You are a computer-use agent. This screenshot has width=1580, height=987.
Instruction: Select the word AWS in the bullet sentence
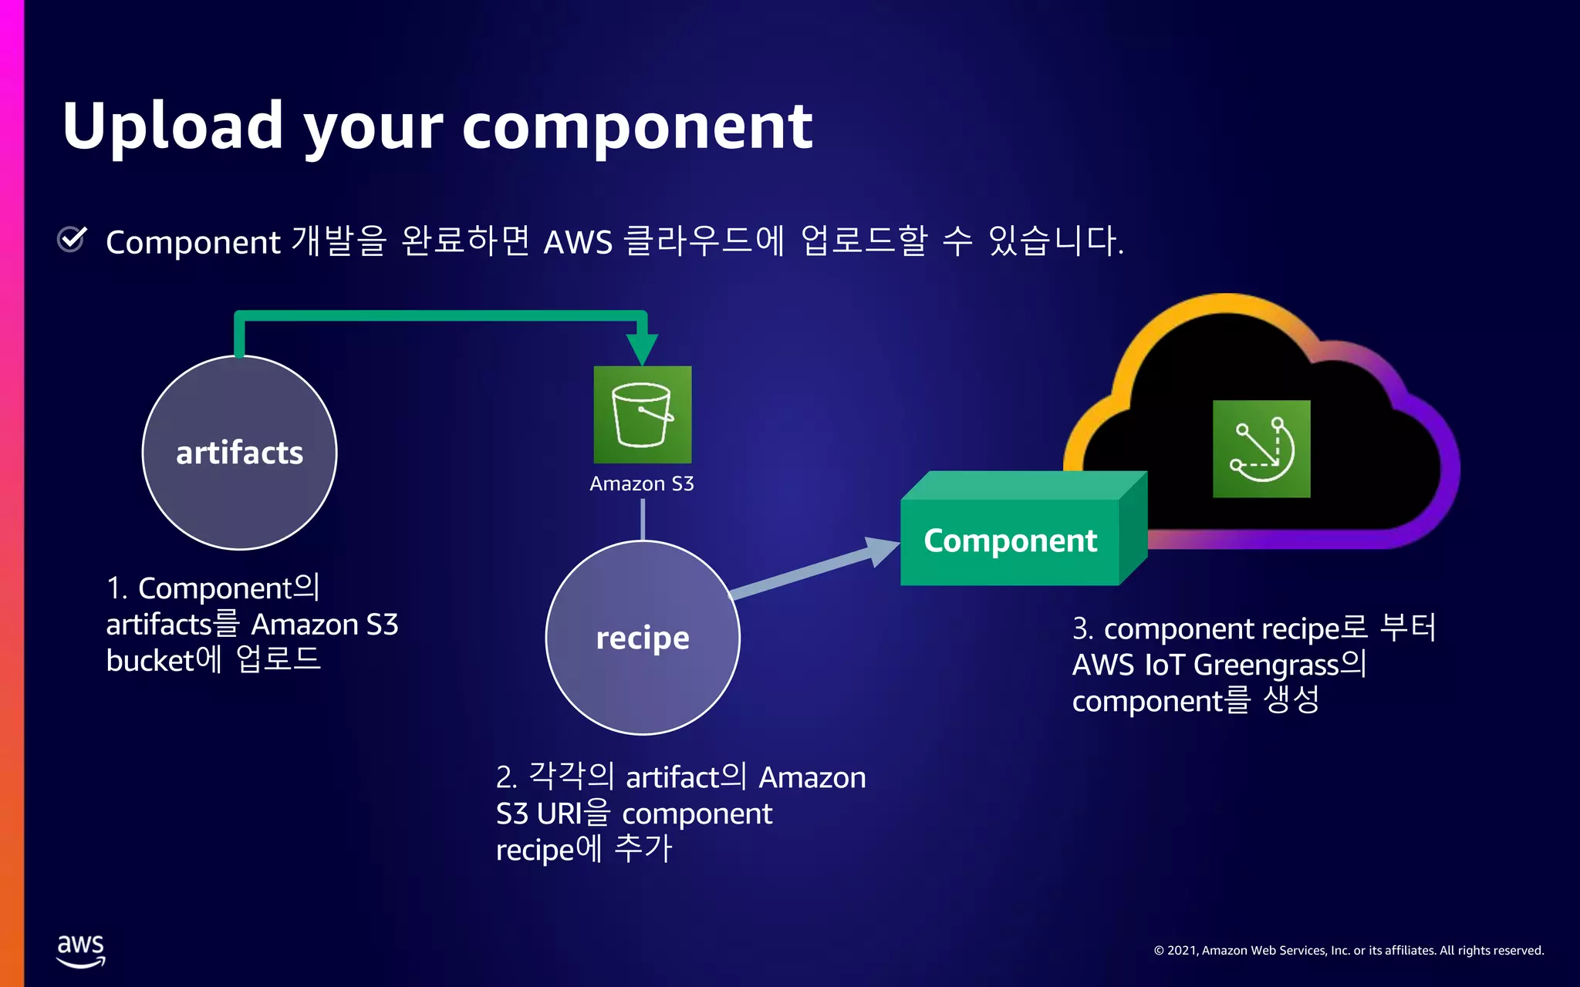pyautogui.click(x=578, y=242)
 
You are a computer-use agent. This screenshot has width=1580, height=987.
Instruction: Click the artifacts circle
pyautogui.click(x=240, y=453)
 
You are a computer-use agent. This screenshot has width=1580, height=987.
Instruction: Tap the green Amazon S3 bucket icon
pyautogui.click(x=642, y=415)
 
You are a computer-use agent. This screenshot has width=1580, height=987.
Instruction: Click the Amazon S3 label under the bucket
pyautogui.click(x=642, y=483)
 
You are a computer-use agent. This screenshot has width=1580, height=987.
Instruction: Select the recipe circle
pyautogui.click(x=643, y=638)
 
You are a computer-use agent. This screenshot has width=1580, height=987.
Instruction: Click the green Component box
pyautogui.click(x=1010, y=541)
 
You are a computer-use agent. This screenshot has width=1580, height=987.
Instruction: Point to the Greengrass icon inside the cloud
pyautogui.click(x=1261, y=449)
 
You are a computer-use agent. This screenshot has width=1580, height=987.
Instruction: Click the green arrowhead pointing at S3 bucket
pyautogui.click(x=642, y=349)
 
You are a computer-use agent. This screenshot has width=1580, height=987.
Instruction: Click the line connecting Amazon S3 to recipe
pyautogui.click(x=643, y=519)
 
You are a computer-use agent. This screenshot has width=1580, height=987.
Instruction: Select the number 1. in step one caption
pyautogui.click(x=116, y=588)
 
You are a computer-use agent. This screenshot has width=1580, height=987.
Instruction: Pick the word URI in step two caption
pyautogui.click(x=559, y=814)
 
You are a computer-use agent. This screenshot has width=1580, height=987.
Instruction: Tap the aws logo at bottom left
pyautogui.click(x=81, y=950)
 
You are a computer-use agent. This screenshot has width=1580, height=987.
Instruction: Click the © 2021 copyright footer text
pyautogui.click(x=1349, y=951)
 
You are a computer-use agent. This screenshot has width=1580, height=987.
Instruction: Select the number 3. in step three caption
pyautogui.click(x=1082, y=629)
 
